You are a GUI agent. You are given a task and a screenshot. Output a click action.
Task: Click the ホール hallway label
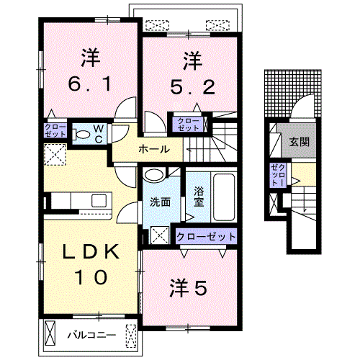pyautogui.click(x=153, y=150)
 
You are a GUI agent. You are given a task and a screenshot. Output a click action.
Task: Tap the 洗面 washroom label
pyautogui.click(x=160, y=202)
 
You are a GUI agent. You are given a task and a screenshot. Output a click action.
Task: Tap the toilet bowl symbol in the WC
pyautogui.click(x=81, y=134)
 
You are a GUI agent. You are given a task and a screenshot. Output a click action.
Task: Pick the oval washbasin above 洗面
pyautogui.click(x=155, y=175)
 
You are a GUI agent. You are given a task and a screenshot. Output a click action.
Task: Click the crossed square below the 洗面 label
pyautogui.click(x=160, y=234)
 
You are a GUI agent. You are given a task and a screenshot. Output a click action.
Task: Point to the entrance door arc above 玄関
pyautogui.click(x=302, y=112)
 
